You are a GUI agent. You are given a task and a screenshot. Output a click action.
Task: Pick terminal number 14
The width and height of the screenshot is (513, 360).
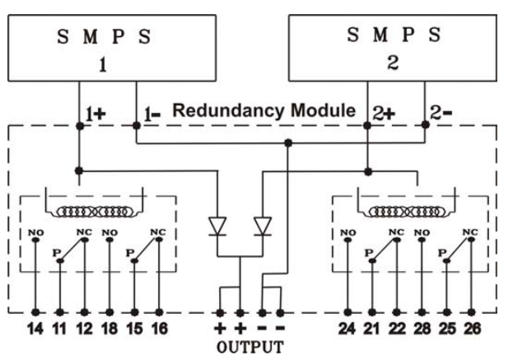[x=35, y=329]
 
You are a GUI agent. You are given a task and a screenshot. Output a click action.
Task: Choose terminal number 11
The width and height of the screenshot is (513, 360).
[x=61, y=329]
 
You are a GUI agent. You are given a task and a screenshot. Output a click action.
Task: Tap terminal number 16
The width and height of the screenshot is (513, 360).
[x=160, y=329]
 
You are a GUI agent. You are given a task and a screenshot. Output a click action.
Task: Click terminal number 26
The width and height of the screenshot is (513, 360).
[x=473, y=329]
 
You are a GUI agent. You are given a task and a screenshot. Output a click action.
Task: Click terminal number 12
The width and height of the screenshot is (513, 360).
[x=86, y=329]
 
